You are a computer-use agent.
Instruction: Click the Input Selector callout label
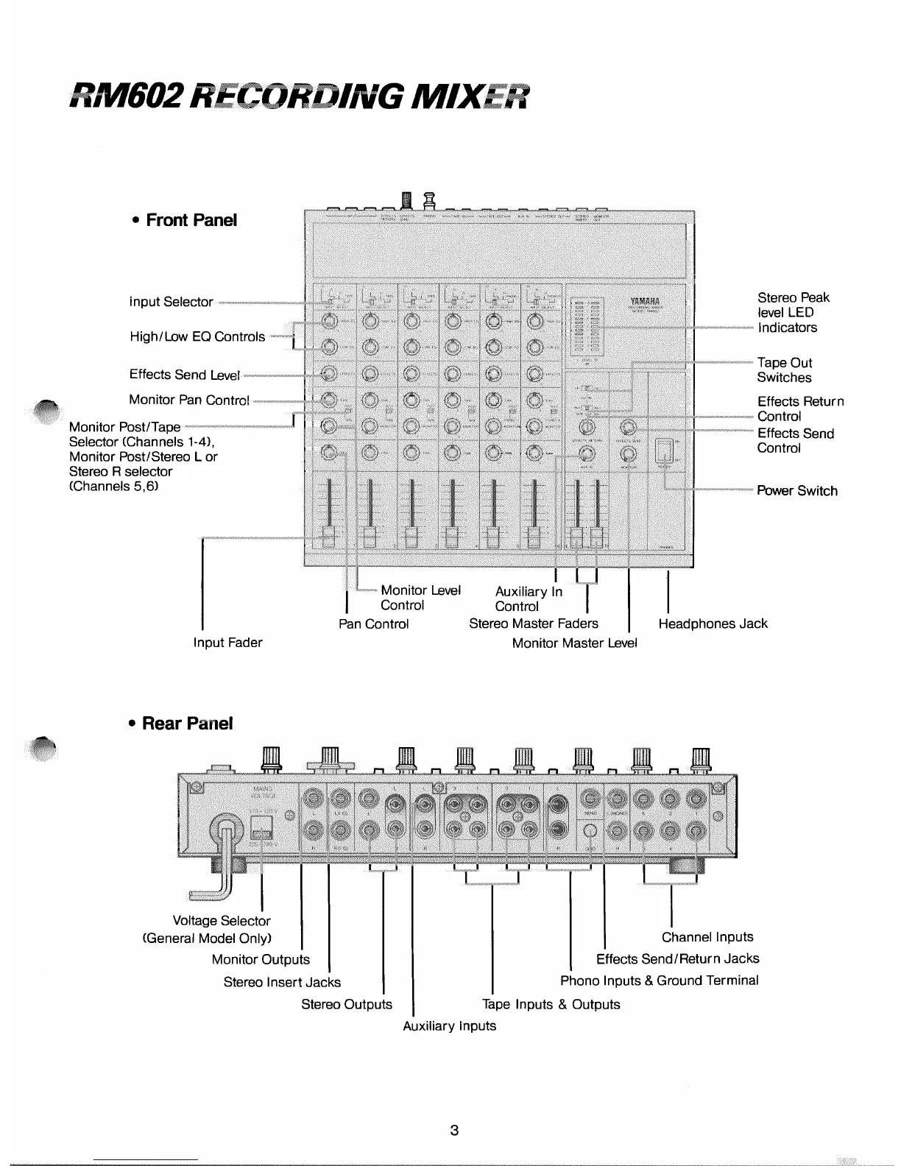pos(171,302)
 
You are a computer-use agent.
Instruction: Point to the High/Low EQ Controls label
pos(197,336)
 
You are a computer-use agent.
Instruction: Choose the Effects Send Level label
pos(185,375)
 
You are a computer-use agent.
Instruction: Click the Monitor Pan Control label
pos(189,400)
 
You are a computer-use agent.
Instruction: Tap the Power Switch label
pos(797,491)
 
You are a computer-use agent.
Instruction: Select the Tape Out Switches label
pos(785,370)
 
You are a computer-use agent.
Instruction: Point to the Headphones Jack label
pos(713,623)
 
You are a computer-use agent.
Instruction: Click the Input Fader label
pos(227,643)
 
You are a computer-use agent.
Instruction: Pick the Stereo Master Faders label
pos(534,623)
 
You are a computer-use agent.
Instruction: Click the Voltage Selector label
pos(221,921)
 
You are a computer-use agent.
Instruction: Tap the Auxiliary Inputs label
pos(449,1025)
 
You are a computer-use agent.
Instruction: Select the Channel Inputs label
pos(707,937)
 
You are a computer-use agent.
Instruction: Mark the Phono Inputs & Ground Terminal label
pos(659,981)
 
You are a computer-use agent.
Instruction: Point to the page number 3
pos(454,1130)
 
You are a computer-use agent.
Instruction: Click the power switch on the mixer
pos(665,451)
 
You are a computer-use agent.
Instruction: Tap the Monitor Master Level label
pos(574,643)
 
